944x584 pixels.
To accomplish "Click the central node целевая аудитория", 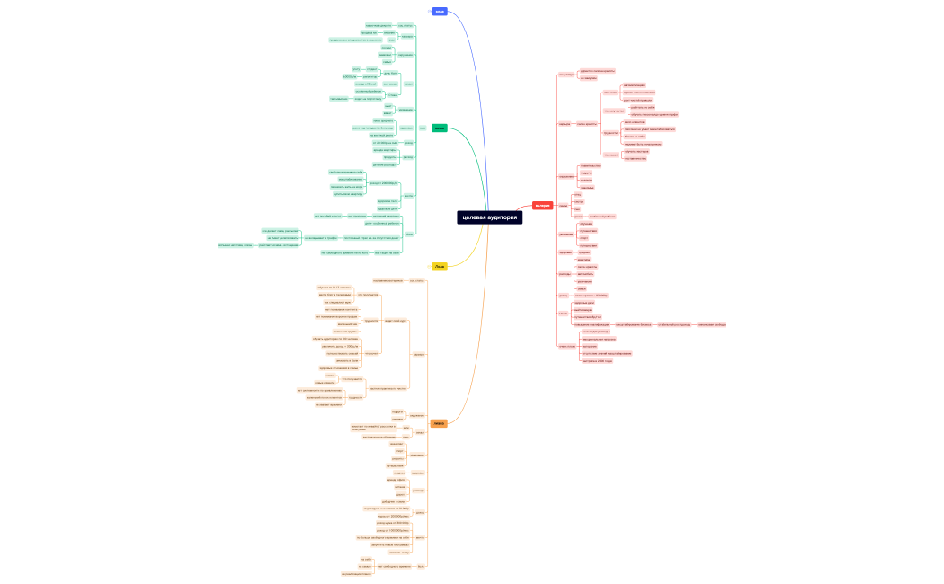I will coord(489,217).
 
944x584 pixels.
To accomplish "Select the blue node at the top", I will coord(440,12).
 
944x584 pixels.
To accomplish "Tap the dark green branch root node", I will coord(439,128).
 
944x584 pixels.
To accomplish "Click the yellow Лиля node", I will coord(439,267).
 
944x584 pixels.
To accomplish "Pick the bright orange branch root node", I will coord(439,423).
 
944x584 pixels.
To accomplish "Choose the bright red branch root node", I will coord(543,206).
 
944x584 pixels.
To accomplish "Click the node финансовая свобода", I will coord(711,324).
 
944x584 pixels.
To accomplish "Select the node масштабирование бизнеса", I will coord(633,324).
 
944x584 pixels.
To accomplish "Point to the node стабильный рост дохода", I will coord(673,324).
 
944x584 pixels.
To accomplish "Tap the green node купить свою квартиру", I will coord(348,193).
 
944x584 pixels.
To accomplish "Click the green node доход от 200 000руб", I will coord(384,182).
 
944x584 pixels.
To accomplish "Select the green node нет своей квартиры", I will coord(385,216).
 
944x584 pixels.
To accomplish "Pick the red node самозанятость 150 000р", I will coord(592,295).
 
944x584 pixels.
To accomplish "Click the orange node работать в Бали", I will coord(348,360).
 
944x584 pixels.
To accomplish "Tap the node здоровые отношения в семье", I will coord(339,368).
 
